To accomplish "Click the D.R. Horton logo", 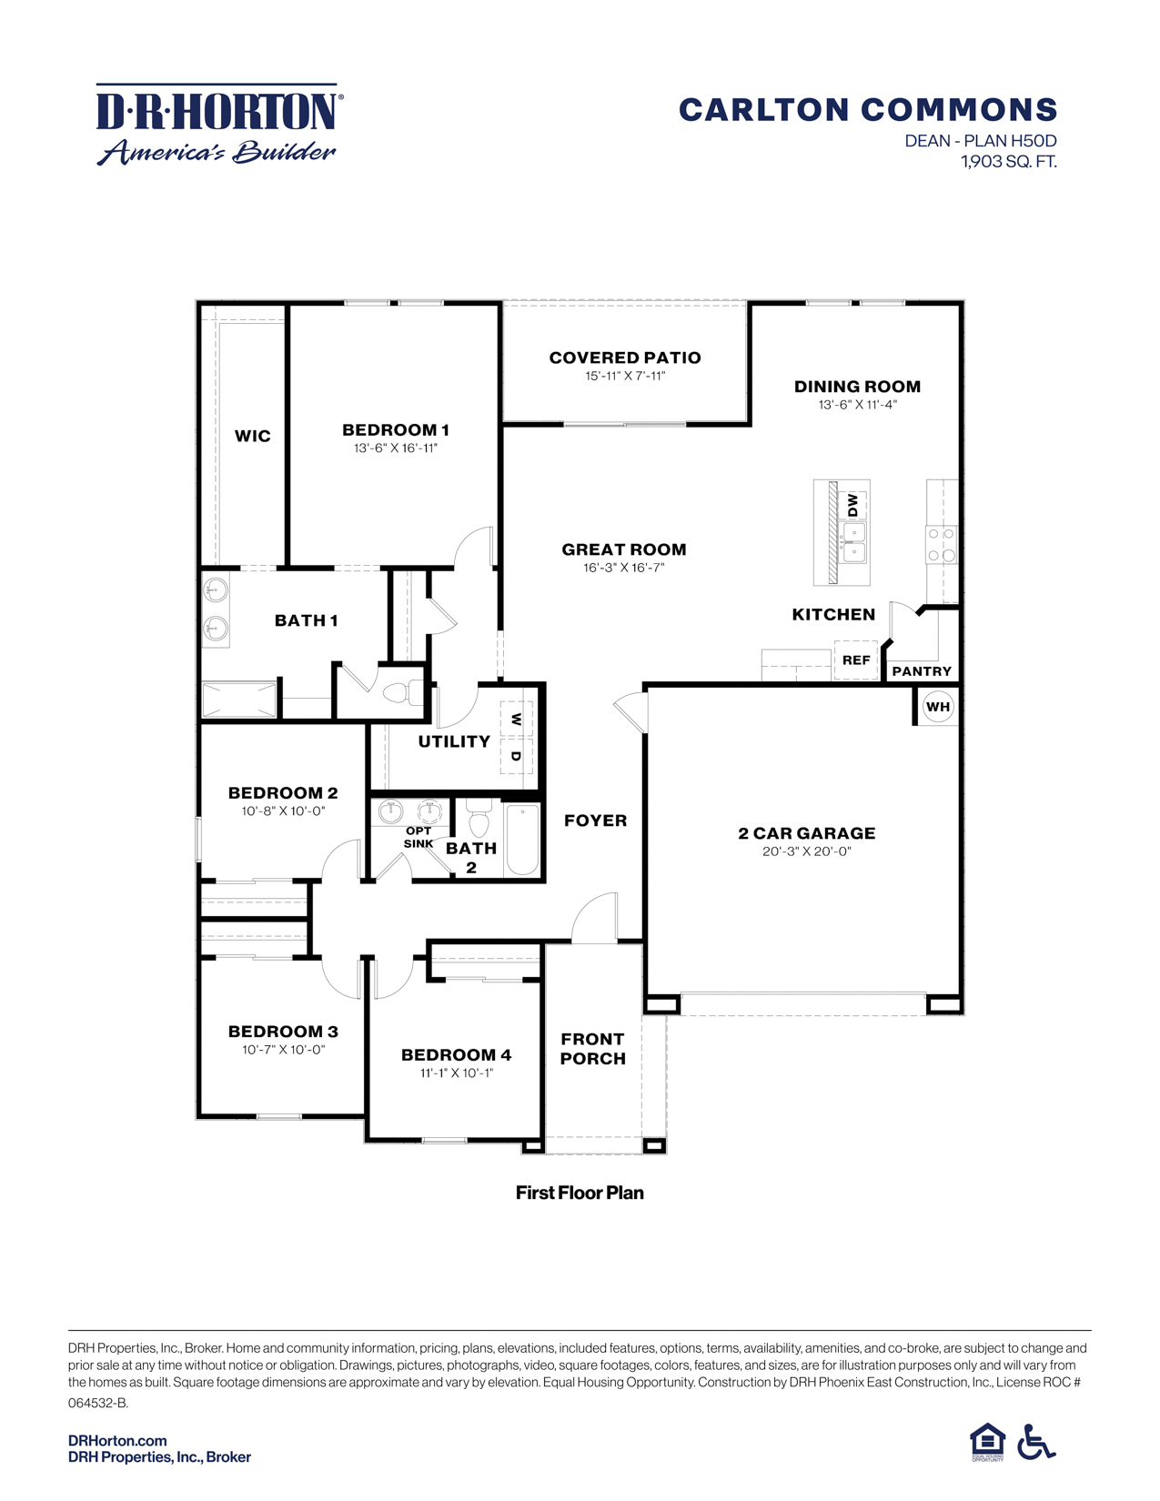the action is (x=219, y=125).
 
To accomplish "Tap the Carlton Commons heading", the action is (x=868, y=110).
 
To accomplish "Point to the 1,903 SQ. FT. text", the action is (x=1008, y=162).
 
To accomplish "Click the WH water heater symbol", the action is (x=938, y=707).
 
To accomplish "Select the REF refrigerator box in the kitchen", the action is (x=856, y=660).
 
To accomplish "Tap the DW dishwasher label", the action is (x=852, y=505).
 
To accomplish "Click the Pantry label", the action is (x=922, y=671).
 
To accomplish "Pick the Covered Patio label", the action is (x=625, y=358).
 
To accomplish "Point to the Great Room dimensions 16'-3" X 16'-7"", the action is (x=624, y=568).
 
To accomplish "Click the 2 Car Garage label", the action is (x=807, y=833).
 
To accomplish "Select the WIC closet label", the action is (x=252, y=436).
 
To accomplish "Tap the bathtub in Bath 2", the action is (x=522, y=840).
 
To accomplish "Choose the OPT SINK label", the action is (x=419, y=837).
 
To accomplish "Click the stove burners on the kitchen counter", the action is (x=941, y=544).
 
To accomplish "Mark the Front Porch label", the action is (x=593, y=1049).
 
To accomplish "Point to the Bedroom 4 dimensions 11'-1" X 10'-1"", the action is (x=456, y=1073).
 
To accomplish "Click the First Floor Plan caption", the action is (x=580, y=1193).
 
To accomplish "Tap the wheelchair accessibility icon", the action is (x=1036, y=1442).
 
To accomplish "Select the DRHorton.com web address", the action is (x=117, y=1441).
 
